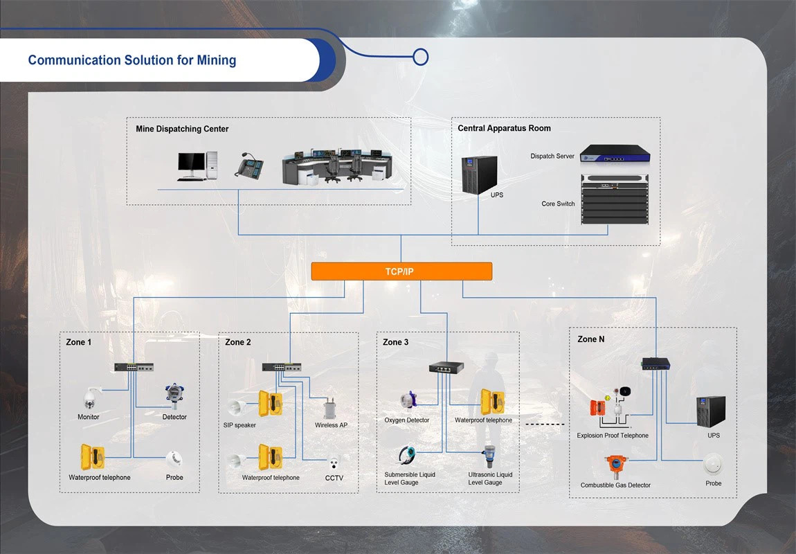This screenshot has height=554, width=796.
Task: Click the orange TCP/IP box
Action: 401,271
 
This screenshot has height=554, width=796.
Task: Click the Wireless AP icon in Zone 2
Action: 329,408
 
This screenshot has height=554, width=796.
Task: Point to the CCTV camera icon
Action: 334,463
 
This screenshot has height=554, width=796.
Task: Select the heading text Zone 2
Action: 238,342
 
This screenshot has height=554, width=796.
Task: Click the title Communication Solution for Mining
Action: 132,60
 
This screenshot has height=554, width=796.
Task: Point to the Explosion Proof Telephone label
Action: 613,436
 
